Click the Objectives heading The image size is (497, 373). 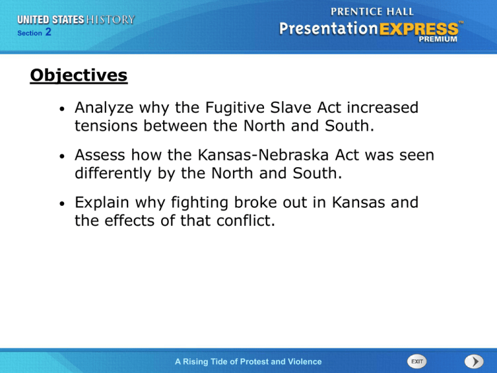click(x=78, y=76)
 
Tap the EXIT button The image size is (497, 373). click(x=417, y=361)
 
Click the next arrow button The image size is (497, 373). click(x=474, y=361)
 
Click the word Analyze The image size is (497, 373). click(x=104, y=108)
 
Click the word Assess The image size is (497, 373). click(x=100, y=155)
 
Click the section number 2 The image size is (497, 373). click(x=48, y=32)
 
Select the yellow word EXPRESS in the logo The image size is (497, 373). click(x=419, y=30)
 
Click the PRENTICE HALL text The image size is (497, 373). click(x=372, y=12)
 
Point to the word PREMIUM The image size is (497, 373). click(x=437, y=40)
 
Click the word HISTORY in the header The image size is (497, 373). click(x=111, y=19)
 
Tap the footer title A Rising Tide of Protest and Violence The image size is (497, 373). click(x=248, y=361)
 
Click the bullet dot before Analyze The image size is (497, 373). click(x=62, y=109)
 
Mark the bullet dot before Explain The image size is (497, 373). click(x=62, y=203)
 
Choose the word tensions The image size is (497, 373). click(x=106, y=126)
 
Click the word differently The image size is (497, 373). click(x=113, y=174)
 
